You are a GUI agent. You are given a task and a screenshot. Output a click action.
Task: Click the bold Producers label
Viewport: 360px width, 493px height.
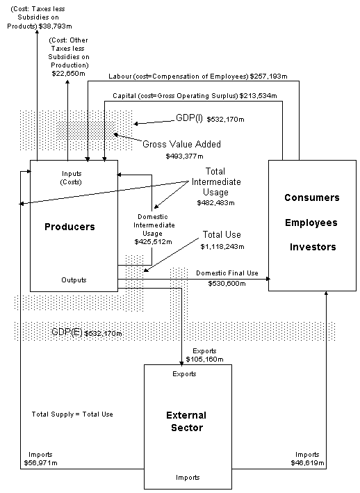click(69, 227)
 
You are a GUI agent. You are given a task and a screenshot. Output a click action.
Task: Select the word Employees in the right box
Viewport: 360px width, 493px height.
click(311, 223)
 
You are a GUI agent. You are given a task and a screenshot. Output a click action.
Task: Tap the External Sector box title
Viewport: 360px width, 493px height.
click(186, 421)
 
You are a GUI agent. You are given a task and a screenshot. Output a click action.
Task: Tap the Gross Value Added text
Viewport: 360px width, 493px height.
click(181, 144)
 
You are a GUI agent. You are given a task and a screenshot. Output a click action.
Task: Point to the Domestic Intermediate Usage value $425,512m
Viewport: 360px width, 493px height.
click(154, 242)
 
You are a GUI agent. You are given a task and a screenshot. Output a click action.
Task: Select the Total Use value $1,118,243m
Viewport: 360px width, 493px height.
click(222, 246)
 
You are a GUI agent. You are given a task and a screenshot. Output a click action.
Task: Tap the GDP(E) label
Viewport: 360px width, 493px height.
click(67, 332)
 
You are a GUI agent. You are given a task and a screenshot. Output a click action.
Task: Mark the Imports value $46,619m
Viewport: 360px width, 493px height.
click(308, 462)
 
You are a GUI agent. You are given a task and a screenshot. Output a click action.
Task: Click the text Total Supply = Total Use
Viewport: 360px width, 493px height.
click(72, 414)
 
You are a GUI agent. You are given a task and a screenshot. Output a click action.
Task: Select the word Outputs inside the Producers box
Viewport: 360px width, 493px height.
click(74, 280)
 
